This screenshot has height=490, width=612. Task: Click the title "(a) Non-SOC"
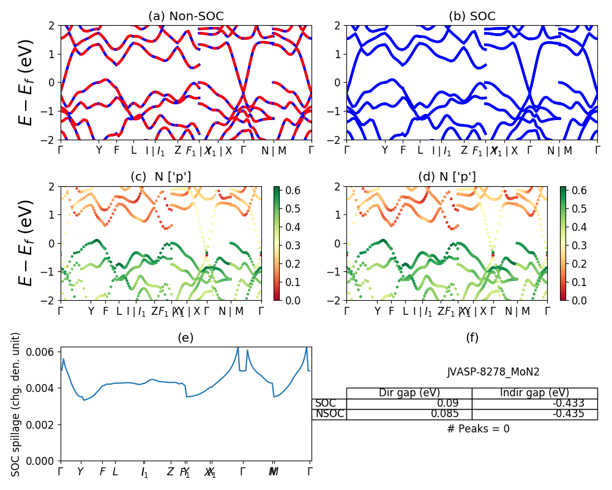click(x=185, y=16)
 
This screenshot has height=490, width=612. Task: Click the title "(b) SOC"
click(x=472, y=16)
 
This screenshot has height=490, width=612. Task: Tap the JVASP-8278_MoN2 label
click(x=493, y=372)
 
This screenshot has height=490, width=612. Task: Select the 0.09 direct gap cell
click(x=409, y=403)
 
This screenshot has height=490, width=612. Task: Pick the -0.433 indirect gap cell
click(x=534, y=403)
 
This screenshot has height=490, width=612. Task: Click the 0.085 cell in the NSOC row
click(x=409, y=413)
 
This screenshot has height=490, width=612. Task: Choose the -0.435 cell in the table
click(x=534, y=413)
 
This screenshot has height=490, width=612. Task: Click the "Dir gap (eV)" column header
click(x=409, y=393)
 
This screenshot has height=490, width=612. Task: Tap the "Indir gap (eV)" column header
click(x=534, y=393)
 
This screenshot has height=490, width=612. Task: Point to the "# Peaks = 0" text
click(x=478, y=429)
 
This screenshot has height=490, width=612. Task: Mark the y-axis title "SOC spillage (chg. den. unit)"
click(x=16, y=404)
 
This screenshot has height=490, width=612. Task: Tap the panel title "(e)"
click(x=185, y=337)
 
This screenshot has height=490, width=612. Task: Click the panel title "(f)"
click(x=472, y=337)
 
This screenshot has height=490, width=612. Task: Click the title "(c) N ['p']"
click(x=160, y=177)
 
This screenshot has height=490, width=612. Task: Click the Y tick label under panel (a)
click(x=99, y=150)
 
